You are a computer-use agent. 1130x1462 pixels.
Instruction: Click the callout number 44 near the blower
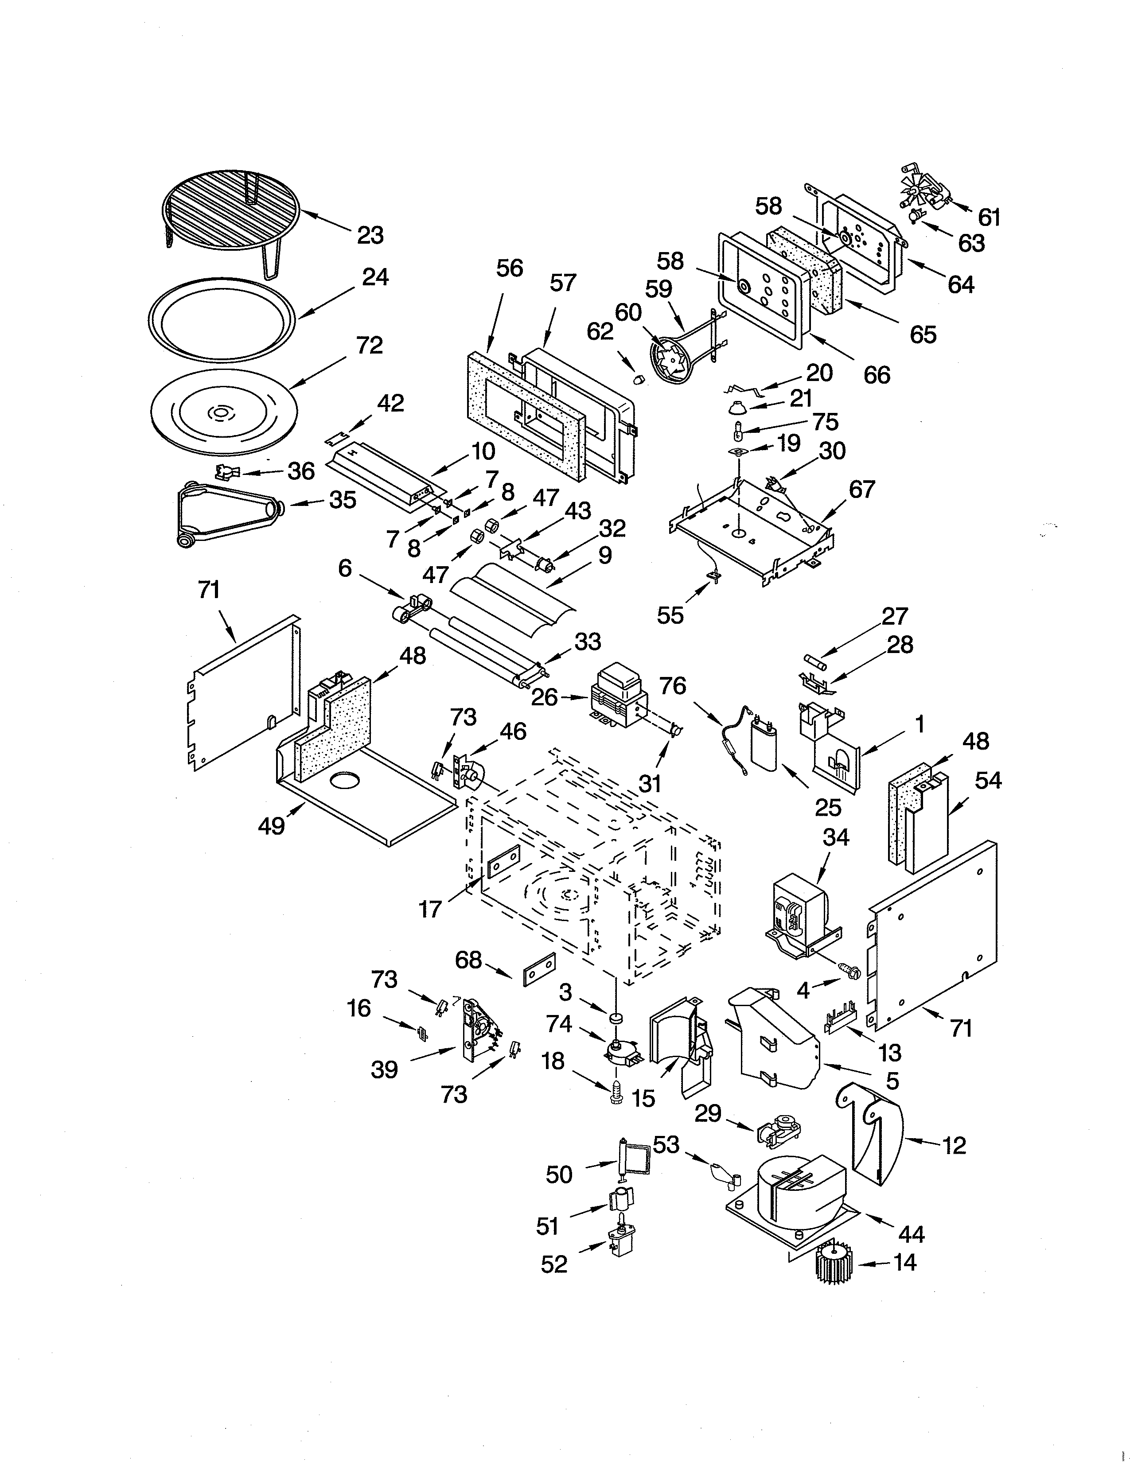(x=911, y=1234)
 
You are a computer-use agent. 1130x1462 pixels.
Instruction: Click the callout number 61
(x=989, y=217)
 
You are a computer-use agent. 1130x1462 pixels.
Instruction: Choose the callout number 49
(x=271, y=826)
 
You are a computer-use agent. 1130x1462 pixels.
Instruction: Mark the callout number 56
(x=510, y=268)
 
